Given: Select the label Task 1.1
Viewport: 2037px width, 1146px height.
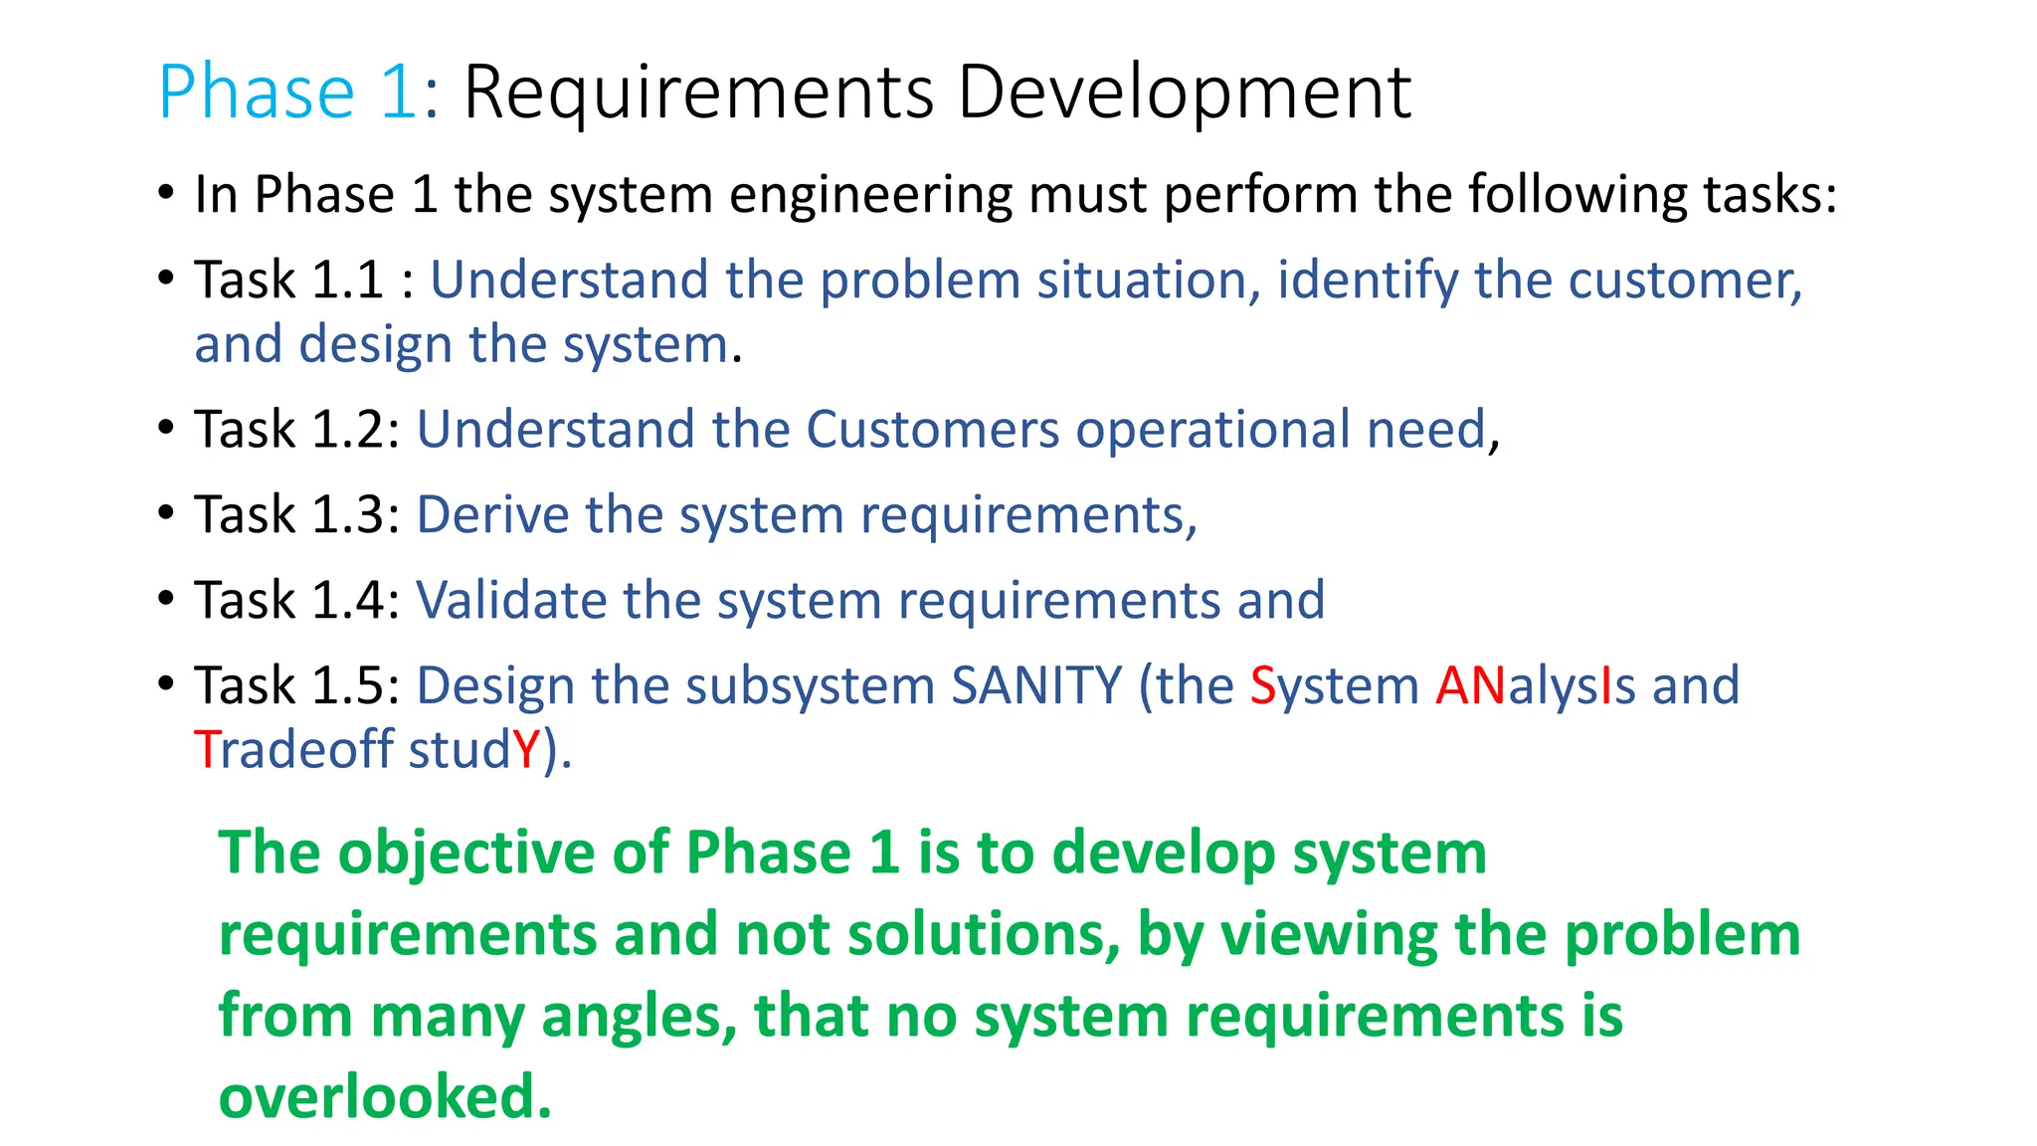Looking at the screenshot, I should (x=288, y=280).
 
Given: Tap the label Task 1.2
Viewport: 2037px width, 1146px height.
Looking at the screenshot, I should (x=296, y=430).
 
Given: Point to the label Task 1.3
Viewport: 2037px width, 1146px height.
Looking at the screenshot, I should (x=296, y=515).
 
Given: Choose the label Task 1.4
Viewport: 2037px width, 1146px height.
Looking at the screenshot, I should (x=296, y=601).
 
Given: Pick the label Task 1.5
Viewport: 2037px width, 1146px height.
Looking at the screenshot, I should (x=296, y=686).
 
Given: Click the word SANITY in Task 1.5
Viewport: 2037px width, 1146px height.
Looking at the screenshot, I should (x=1036, y=686).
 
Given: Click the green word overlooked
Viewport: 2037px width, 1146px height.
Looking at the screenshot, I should (x=385, y=1096).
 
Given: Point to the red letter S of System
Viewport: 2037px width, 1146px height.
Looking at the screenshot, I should (x=1262, y=686).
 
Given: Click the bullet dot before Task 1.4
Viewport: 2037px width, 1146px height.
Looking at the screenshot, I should (x=166, y=599).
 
